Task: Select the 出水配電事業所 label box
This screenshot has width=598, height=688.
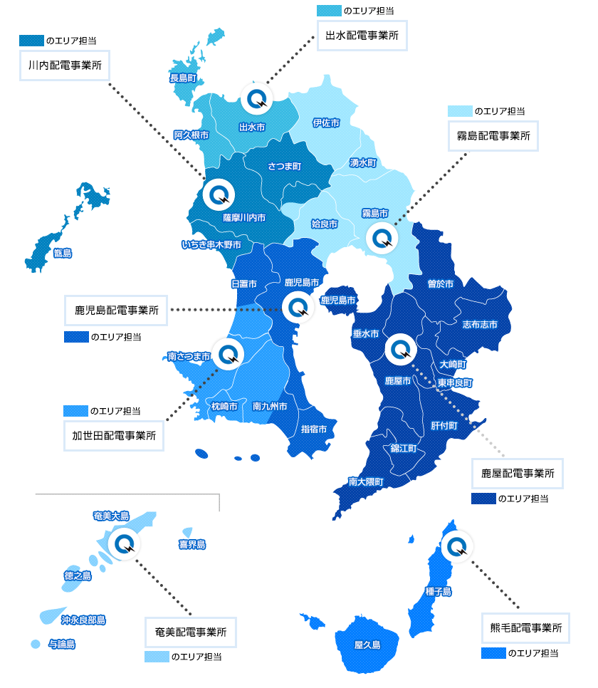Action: [362, 34]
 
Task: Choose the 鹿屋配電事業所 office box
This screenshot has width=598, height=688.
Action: [518, 473]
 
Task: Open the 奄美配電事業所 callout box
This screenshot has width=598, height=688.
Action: [191, 631]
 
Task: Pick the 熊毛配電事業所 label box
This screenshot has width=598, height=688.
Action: [525, 628]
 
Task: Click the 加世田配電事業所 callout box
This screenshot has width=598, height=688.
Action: [114, 435]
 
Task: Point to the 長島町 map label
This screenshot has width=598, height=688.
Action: [183, 78]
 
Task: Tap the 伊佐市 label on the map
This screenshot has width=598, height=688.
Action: [325, 123]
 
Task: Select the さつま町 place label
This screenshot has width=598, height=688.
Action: [284, 166]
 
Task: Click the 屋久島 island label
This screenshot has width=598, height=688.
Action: [367, 645]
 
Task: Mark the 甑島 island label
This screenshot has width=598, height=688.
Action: [63, 253]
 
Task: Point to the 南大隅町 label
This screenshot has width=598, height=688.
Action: [366, 482]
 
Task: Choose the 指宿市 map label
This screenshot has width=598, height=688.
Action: [314, 429]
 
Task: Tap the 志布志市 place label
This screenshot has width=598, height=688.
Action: [480, 324]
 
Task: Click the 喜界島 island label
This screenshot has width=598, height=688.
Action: [192, 545]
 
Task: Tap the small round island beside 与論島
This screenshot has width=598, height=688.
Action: [34, 645]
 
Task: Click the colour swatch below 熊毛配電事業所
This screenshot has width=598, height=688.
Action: [493, 653]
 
